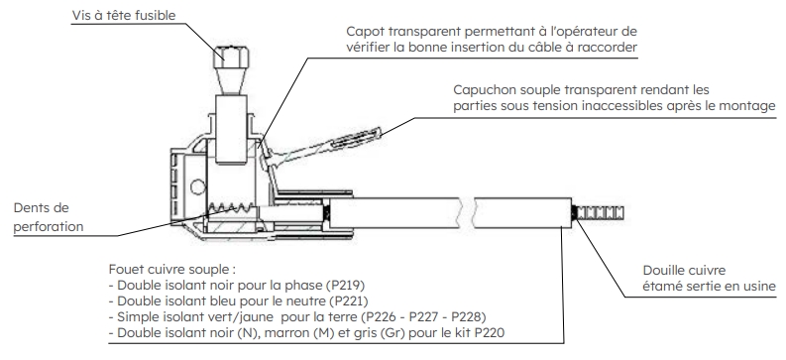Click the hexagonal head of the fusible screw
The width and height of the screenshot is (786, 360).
(231, 58)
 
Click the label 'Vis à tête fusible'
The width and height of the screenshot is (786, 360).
(124, 15)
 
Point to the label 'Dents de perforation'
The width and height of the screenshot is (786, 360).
(49, 217)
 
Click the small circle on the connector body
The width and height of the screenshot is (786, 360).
(198, 187)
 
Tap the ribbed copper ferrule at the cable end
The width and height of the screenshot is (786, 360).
(600, 212)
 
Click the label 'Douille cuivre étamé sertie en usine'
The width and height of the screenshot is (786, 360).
(710, 279)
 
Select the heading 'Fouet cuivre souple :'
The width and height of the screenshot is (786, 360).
(171, 270)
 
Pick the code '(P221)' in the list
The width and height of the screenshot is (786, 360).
(348, 301)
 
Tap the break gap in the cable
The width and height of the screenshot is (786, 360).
(468, 212)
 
